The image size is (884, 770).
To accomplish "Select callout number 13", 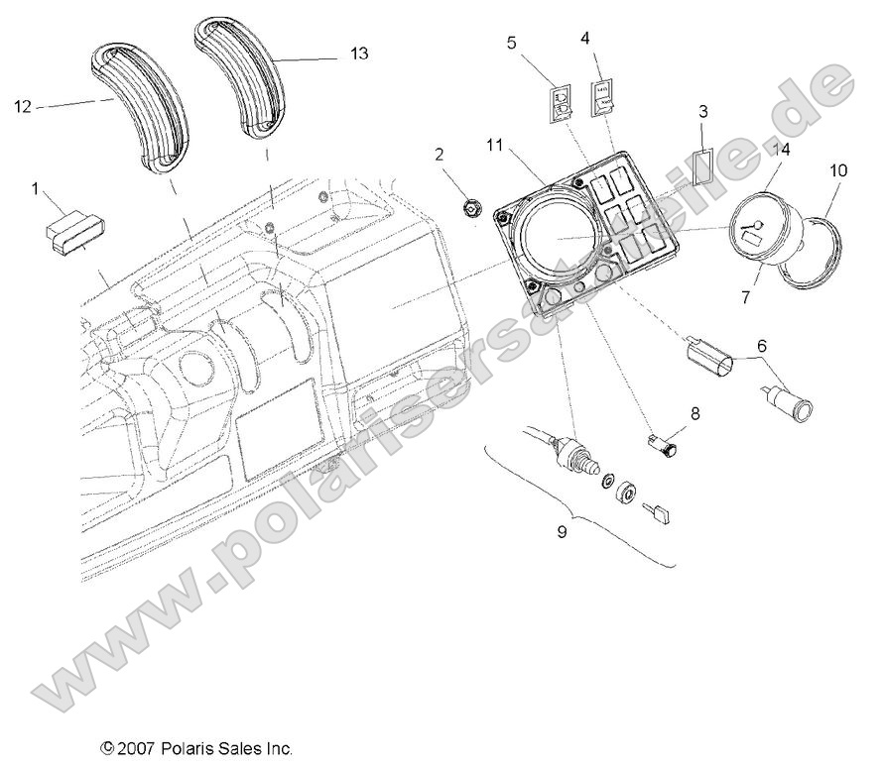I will click(x=358, y=54).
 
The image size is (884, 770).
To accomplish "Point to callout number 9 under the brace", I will click(x=563, y=531).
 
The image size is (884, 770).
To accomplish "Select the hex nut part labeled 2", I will click(x=474, y=208).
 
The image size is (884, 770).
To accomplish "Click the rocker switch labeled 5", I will click(x=562, y=99).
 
